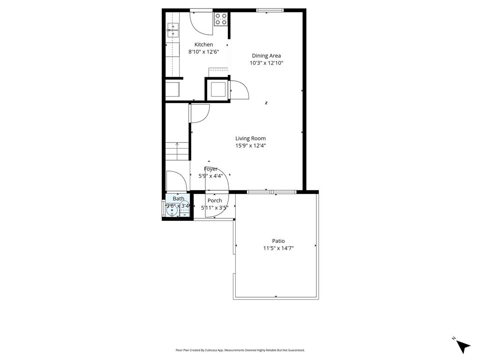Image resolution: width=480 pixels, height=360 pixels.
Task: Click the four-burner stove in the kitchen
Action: [x=221, y=19]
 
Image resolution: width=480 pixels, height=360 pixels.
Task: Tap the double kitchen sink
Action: [x=172, y=30]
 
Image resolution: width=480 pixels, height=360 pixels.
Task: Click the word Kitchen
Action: [x=203, y=45]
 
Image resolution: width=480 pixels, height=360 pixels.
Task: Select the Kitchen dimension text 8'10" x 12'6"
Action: [x=203, y=52]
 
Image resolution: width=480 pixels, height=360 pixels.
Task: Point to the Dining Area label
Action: [x=266, y=55]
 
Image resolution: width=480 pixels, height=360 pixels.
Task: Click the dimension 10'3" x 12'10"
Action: [x=266, y=63]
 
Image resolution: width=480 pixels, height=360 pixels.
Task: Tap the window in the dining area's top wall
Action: [x=270, y=10]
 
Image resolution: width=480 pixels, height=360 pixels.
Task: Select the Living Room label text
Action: [x=250, y=138]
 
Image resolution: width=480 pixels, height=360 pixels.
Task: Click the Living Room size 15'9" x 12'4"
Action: [x=250, y=146]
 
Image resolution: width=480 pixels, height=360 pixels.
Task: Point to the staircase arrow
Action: [x=177, y=145]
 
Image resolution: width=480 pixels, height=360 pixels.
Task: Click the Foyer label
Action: [x=210, y=169]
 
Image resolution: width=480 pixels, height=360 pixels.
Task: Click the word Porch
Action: [x=215, y=201]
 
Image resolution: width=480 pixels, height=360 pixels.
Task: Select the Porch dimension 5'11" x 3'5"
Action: [x=215, y=208]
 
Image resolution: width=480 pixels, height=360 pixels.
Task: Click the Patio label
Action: [x=278, y=241]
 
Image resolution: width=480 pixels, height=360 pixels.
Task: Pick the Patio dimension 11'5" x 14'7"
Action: [x=278, y=248]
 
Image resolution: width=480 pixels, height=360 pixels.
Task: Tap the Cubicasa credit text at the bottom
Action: [x=240, y=350]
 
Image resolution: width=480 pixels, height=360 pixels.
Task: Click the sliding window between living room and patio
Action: [x=271, y=191]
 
